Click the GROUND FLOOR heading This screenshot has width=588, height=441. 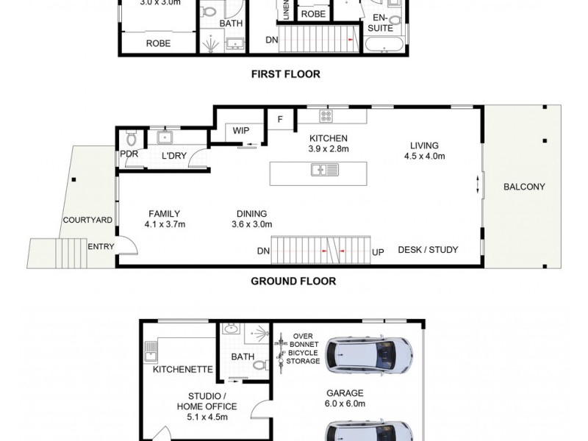point(293,281)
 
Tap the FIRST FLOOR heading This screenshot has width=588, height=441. point(286,73)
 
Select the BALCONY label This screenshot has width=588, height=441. point(524,187)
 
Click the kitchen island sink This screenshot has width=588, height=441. point(324,170)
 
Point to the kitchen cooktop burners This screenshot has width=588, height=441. point(326,116)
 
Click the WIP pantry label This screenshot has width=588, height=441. point(241,130)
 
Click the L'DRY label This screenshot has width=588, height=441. point(175,157)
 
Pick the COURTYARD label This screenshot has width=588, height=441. point(87,220)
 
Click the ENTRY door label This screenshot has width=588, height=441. point(101,247)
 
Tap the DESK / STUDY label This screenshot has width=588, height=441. point(428,250)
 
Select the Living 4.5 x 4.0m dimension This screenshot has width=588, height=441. point(425,156)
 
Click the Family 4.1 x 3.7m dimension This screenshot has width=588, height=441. point(164,225)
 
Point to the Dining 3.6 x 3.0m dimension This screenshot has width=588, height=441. point(252,225)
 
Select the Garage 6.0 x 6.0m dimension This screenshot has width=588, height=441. point(345,404)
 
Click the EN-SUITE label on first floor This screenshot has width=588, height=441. point(381,23)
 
